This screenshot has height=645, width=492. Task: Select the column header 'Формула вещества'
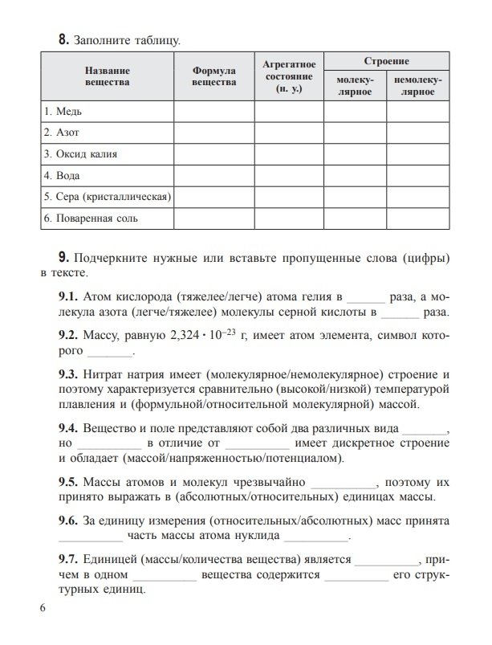(x=214, y=76)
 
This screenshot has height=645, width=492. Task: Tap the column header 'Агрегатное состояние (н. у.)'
(x=289, y=76)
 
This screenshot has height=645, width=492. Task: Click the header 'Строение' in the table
(x=387, y=61)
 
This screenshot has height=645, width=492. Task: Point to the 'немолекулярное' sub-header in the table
(x=418, y=87)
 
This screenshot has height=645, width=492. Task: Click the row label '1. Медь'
(x=64, y=110)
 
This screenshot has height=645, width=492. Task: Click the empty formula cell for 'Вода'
(x=214, y=174)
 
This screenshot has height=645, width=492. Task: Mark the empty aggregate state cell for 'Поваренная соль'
(x=289, y=218)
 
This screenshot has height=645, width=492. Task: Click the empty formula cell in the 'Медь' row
(x=214, y=110)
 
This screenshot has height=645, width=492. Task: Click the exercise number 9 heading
(x=63, y=258)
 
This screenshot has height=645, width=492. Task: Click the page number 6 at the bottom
(x=43, y=606)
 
